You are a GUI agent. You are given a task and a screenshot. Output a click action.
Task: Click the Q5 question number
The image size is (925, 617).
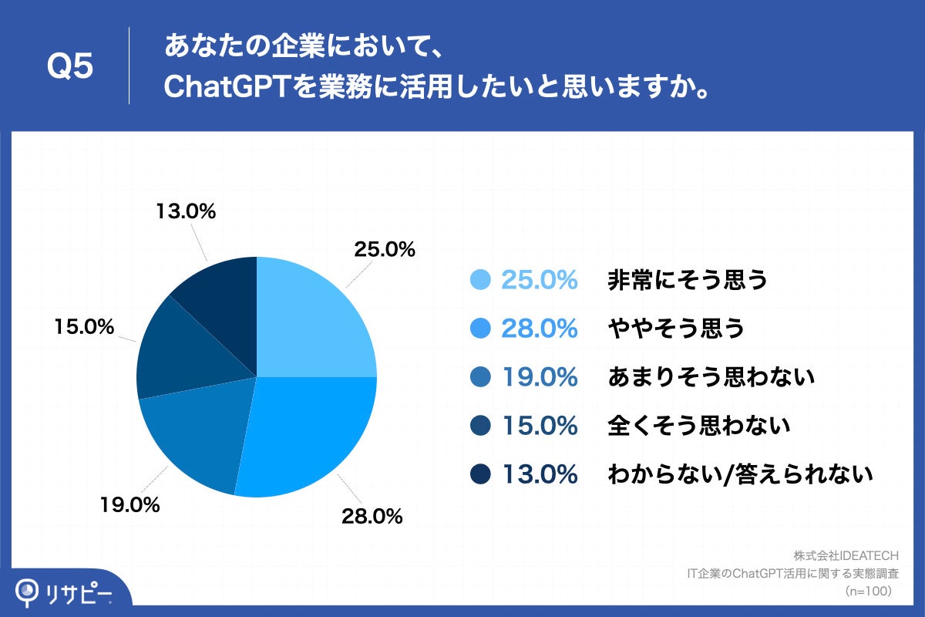pyautogui.click(x=70, y=67)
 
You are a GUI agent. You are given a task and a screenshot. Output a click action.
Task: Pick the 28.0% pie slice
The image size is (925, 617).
pyautogui.click(x=308, y=432)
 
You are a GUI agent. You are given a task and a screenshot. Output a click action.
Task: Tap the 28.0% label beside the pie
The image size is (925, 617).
pyautogui.click(x=372, y=517)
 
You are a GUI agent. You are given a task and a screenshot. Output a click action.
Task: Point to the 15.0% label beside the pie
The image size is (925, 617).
pyautogui.click(x=84, y=328)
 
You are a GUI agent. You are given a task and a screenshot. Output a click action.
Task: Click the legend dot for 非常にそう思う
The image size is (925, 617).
pyautogui.click(x=479, y=280)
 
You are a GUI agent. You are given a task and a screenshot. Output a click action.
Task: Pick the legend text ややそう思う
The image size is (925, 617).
pyautogui.click(x=676, y=329)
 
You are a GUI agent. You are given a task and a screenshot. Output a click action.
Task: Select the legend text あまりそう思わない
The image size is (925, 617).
pyautogui.click(x=711, y=377)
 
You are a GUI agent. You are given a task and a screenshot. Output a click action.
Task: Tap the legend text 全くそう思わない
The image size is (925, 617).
pyautogui.click(x=698, y=426)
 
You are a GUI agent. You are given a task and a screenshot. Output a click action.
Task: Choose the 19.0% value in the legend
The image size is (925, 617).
pyautogui.click(x=539, y=377)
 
